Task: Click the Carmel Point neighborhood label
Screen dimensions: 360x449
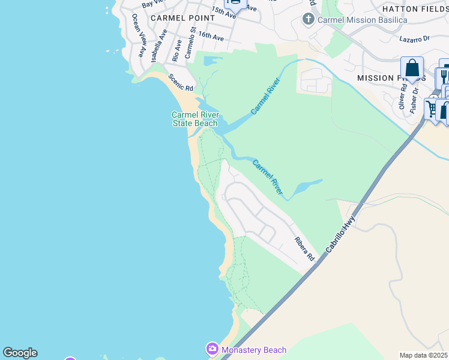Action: [182, 18]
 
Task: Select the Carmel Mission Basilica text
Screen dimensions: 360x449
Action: [363, 20]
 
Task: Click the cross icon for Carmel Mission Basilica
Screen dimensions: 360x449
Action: [309, 19]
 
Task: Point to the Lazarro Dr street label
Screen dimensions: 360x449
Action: [415, 38]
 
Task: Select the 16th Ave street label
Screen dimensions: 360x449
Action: [211, 37]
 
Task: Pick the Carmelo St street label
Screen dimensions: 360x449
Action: [190, 42]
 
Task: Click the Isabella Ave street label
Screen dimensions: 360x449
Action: [159, 47]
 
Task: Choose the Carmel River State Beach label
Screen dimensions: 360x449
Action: [195, 119]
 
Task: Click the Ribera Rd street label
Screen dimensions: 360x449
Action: [304, 248]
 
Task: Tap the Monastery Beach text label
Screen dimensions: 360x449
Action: [254, 350]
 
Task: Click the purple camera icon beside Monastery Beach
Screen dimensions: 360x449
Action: [212, 349]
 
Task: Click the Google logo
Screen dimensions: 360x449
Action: [20, 353]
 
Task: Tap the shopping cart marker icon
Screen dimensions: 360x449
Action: [432, 108]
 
